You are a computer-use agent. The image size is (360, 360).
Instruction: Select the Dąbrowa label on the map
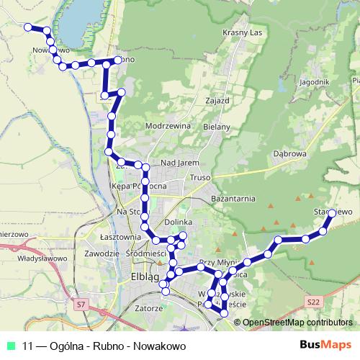point(291,153)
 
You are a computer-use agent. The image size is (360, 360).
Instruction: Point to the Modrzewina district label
point(167,125)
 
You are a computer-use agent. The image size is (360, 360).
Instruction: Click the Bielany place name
point(217,127)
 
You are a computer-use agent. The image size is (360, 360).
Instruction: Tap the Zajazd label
point(217,100)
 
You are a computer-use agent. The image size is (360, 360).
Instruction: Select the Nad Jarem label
point(179,163)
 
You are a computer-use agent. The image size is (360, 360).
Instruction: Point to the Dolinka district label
point(179,222)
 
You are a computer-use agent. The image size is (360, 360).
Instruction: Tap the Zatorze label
point(148,308)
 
